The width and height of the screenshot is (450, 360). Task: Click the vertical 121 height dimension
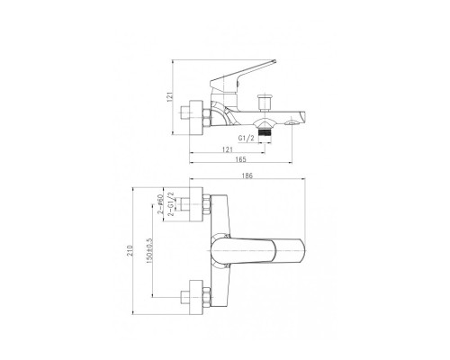[170, 97]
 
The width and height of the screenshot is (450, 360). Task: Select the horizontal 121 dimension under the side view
[228, 149]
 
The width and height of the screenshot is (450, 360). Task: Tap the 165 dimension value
[240, 159]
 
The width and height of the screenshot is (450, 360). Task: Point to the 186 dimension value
[247, 175]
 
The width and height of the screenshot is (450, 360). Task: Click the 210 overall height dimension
[130, 250]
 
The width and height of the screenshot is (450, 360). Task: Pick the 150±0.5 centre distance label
[149, 251]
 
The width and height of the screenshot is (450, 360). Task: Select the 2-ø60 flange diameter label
[160, 203]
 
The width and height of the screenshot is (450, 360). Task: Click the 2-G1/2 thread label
[171, 204]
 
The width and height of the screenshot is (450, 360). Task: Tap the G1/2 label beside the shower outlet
[246, 138]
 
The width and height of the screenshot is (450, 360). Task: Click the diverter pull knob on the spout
[265, 103]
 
